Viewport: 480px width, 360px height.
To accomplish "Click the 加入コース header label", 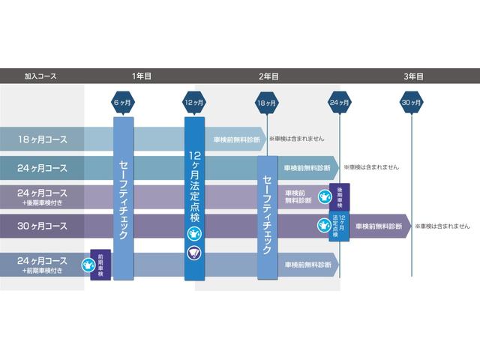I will coord(40,76).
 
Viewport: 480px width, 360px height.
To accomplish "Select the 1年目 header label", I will coord(142,76).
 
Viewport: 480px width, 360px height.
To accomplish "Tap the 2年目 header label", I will coord(268,76).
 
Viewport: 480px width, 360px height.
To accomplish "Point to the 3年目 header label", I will coord(413,76).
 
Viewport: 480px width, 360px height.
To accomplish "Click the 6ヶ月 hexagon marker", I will coord(123,102).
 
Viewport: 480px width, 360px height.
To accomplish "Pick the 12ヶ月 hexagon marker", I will coord(195,102).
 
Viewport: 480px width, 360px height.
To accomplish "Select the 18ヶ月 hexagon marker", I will coord(267,102).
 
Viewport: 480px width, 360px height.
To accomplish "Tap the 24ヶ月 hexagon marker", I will coord(340,102).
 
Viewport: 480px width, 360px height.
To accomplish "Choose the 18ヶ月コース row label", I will coord(43,139).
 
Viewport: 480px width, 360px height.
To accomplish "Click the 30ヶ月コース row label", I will coord(43,226).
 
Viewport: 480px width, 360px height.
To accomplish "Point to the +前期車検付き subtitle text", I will coord(43,269).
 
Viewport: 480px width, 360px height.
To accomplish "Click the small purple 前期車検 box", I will coord(100,264).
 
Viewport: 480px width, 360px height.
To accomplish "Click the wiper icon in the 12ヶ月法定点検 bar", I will coord(194,253).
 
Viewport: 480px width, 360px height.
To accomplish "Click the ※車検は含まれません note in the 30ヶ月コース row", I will coord(443,226).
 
